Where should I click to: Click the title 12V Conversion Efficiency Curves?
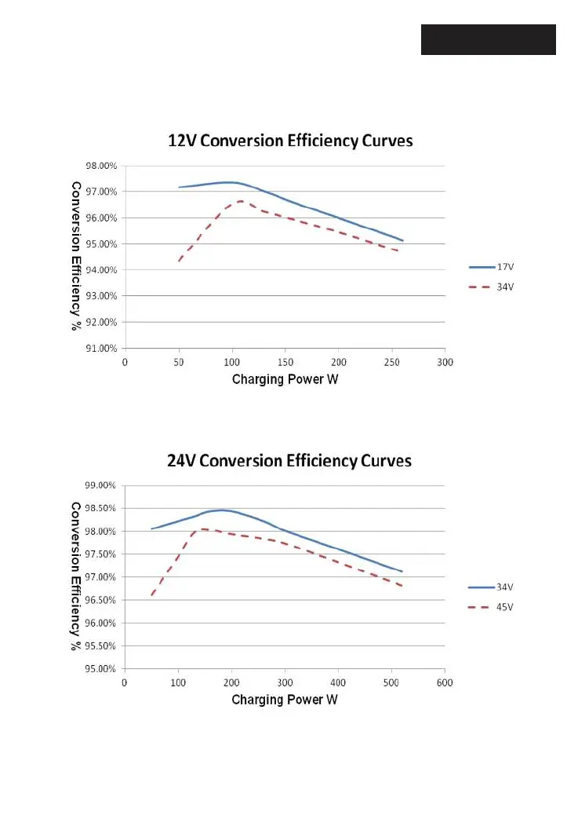[x=290, y=141]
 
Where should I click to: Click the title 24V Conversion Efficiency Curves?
[x=289, y=460]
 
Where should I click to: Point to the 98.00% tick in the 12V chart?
[x=101, y=166]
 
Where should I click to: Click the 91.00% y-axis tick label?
[x=101, y=348]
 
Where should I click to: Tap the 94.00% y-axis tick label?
[x=101, y=270]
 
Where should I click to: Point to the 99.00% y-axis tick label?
[x=101, y=485]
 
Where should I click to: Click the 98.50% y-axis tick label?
[x=101, y=508]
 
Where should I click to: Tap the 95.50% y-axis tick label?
[x=101, y=646]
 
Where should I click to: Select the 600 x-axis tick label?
[x=445, y=682]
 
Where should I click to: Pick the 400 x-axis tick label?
[x=339, y=682]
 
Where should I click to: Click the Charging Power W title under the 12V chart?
[x=285, y=380]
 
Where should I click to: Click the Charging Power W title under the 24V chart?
[x=285, y=700]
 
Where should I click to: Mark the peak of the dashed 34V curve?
[x=240, y=201]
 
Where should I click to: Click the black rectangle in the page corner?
[x=488, y=39]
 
